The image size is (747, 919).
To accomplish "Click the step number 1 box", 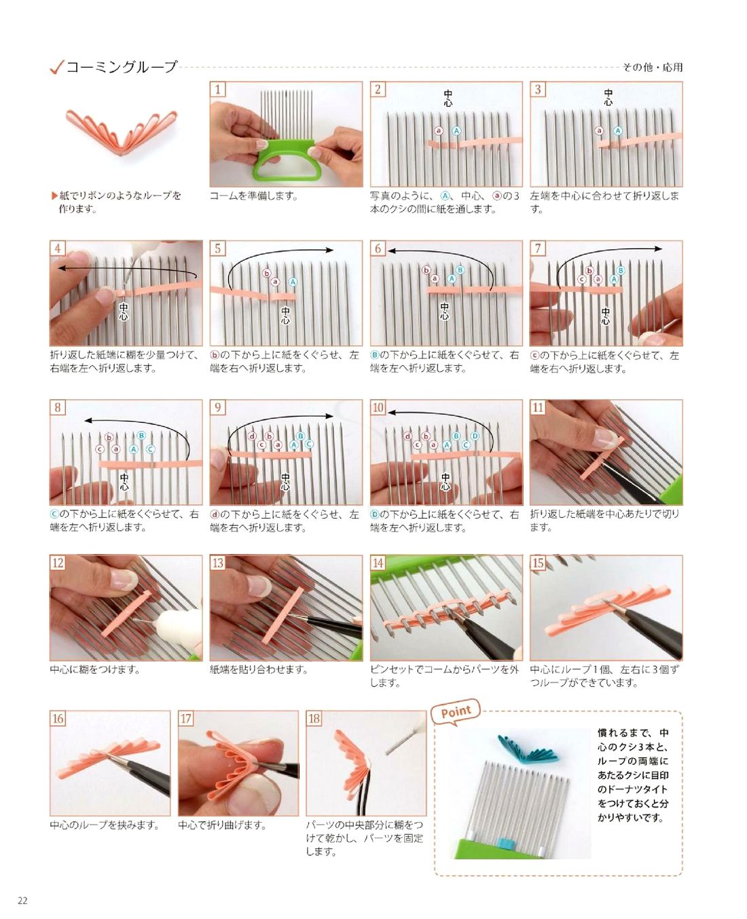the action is pos(218,90).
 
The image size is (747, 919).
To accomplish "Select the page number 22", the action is pos(22,901).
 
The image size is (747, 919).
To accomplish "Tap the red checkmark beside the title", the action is pos(57,68).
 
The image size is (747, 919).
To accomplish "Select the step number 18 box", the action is pos(314,718).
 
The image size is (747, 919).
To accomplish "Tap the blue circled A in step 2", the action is pos(456,131).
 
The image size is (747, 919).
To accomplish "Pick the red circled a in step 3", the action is pos(599,131).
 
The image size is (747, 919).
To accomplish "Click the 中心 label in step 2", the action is pos(448,98).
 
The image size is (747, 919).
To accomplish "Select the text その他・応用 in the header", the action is pos(652,67).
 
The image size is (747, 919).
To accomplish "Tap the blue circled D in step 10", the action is pos(475,436).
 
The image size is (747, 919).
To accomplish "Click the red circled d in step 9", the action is pos(252,436).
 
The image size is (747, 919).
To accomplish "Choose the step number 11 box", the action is pos(538,407).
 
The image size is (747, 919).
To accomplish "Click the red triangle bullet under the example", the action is pos(54,196).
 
